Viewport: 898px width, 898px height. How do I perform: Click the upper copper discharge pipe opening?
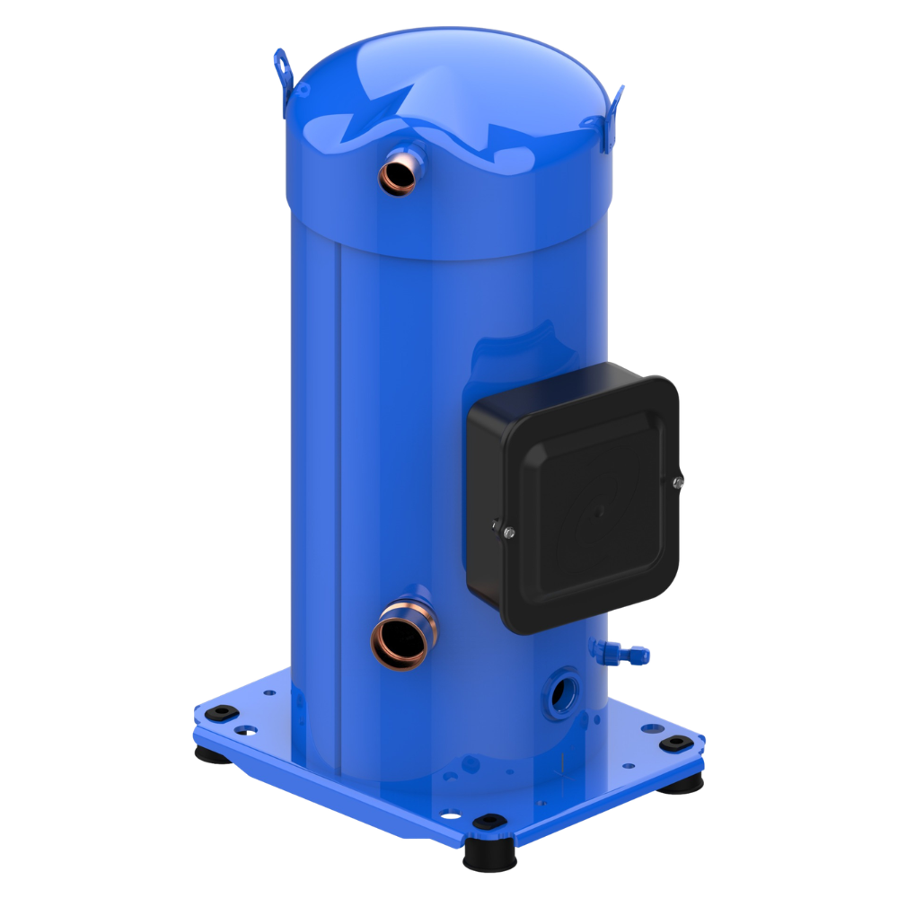(x=399, y=174)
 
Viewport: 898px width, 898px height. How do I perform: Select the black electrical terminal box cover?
(x=575, y=498)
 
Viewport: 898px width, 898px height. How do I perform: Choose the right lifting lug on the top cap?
(x=613, y=117)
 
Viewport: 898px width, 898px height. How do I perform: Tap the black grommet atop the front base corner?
(x=489, y=822)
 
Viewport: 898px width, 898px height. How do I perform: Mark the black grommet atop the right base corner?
(x=673, y=744)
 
